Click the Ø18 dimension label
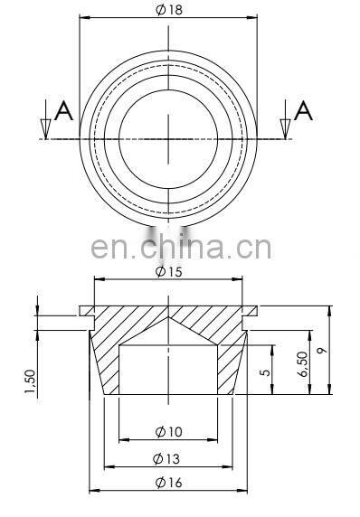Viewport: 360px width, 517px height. pyautogui.click(x=169, y=10)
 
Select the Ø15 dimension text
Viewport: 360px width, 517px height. pyautogui.click(x=168, y=272)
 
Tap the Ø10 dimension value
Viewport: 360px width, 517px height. pyautogui.click(x=168, y=432)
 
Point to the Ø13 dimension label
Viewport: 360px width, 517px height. pyautogui.click(x=166, y=459)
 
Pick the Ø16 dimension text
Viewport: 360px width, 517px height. pyautogui.click(x=168, y=483)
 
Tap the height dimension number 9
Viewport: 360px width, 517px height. pyautogui.click(x=322, y=350)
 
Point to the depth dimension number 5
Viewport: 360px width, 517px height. pyautogui.click(x=265, y=372)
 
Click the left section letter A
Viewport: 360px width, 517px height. pyautogui.click(x=63, y=111)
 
